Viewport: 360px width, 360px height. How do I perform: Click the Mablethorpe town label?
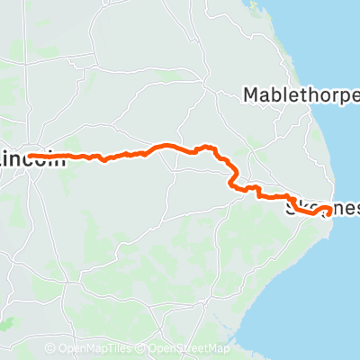point(301,94)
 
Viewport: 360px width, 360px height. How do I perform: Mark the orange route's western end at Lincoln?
point(30,156)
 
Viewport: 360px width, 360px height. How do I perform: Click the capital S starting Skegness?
point(290,208)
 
